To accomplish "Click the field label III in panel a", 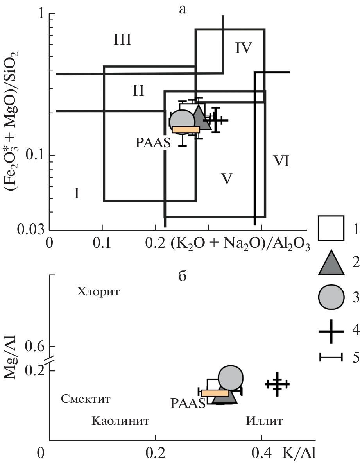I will [122, 39].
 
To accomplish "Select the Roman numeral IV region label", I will [243, 48].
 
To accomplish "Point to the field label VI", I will [281, 161].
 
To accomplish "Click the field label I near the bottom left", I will [77, 193].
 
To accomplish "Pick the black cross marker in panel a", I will [215, 120].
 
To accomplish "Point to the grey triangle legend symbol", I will [331, 263].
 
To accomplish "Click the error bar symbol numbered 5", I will [331, 357].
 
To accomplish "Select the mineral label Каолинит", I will [121, 421].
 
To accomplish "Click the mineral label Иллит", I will [264, 421].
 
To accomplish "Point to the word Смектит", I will [86, 399].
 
